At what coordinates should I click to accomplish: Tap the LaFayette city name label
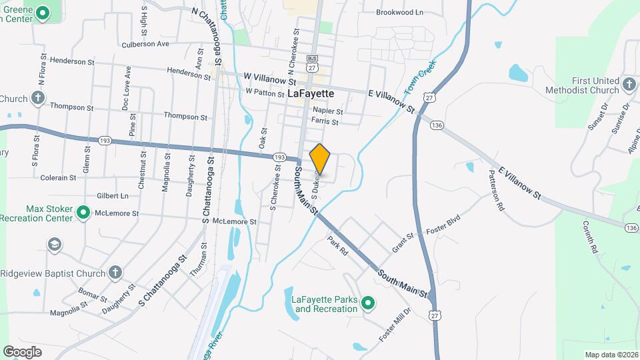(311, 94)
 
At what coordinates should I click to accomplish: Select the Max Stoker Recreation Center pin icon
(83, 213)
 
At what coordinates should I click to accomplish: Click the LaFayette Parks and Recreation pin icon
(367, 305)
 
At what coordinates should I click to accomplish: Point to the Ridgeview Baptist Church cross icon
(115, 272)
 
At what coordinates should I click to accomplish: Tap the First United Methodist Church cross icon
(629, 81)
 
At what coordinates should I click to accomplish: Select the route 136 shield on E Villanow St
(437, 125)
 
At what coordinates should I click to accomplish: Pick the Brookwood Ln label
(400, 12)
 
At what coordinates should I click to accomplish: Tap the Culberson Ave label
(145, 44)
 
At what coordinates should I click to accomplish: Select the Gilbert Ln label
(112, 196)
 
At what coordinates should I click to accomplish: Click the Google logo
(22, 351)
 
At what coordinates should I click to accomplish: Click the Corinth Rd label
(590, 238)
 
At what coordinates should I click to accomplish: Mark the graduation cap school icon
(53, 245)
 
